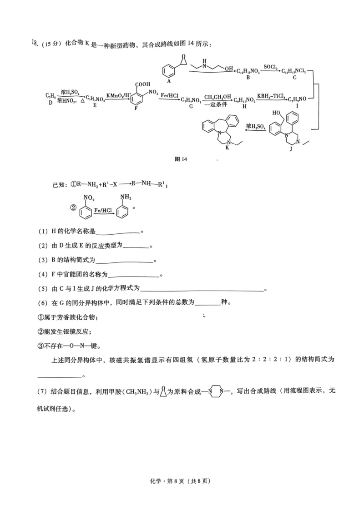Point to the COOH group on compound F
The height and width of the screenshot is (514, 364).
point(142,84)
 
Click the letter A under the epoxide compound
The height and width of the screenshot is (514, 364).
point(169,81)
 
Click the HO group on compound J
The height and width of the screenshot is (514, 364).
point(277,112)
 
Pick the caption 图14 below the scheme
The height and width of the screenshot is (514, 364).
point(181,159)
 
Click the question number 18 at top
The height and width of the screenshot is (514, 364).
point(34,43)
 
